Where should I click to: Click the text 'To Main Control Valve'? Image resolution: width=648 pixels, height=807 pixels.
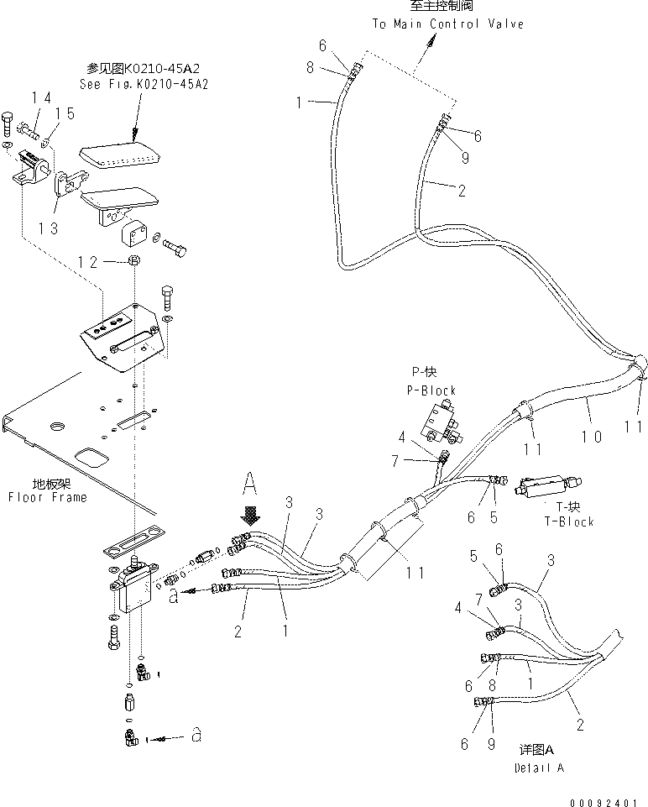click(447, 24)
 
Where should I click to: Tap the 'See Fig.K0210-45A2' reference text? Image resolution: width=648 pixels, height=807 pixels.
click(144, 84)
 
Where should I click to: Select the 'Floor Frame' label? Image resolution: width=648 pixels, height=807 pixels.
click(47, 497)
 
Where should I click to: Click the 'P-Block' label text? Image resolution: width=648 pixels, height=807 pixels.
click(433, 390)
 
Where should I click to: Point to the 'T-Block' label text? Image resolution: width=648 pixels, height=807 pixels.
click(568, 521)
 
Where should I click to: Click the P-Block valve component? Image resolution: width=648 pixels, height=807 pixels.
click(437, 420)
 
